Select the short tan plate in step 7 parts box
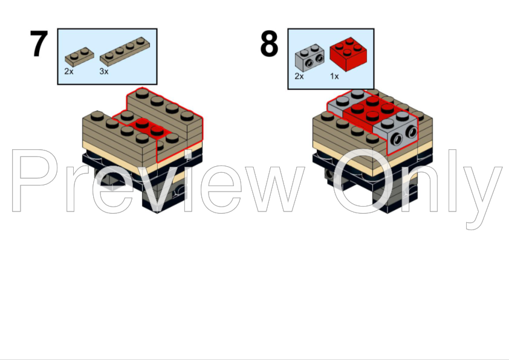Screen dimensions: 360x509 [79, 56]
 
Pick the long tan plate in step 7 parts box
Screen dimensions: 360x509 [127, 51]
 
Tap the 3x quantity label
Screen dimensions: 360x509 [104, 71]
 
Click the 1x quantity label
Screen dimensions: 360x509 [334, 76]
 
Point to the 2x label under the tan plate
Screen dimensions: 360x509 [69, 71]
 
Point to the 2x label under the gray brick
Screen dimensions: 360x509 [299, 76]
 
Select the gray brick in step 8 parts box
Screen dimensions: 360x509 [309, 57]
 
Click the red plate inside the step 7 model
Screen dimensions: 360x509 [148, 126]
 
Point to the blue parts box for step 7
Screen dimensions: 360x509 [107, 56]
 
